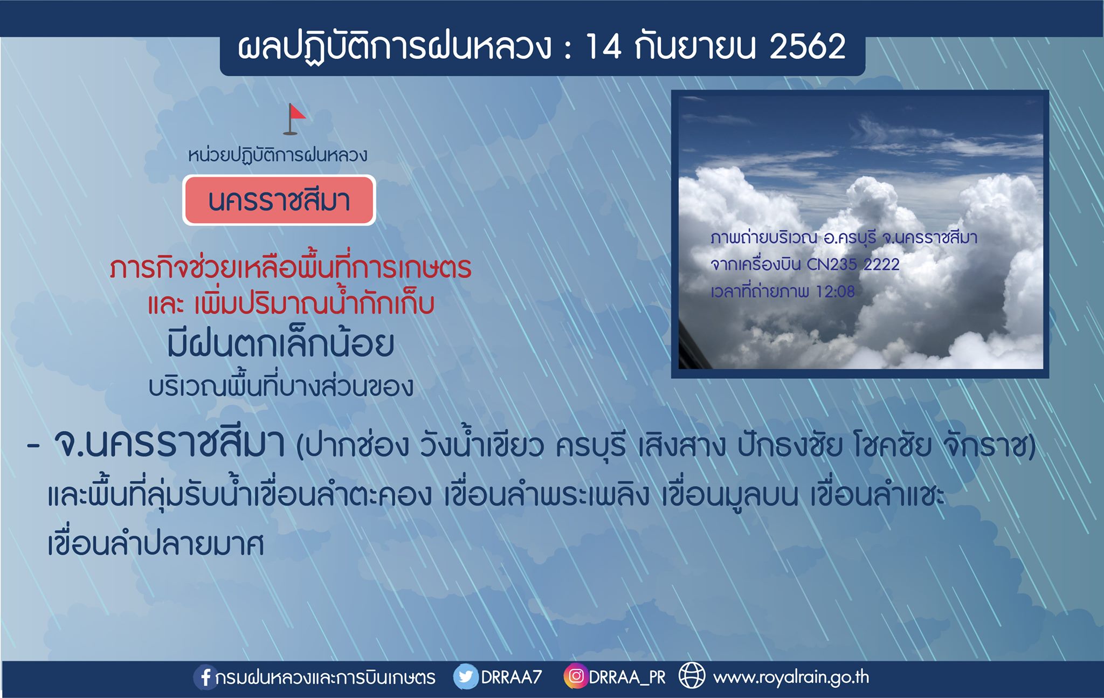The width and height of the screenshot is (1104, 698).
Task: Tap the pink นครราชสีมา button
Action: (279, 200)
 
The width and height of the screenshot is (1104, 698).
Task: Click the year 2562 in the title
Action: (808, 46)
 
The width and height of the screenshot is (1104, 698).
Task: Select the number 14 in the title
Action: (603, 46)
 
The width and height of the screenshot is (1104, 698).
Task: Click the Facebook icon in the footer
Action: (205, 677)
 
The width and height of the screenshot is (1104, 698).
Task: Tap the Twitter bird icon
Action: (466, 677)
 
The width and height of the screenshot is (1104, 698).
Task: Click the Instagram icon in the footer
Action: (576, 676)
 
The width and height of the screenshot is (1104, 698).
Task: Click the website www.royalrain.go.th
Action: (791, 678)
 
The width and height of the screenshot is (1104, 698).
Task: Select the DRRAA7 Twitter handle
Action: (511, 677)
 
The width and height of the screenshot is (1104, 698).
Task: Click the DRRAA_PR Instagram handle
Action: (627, 678)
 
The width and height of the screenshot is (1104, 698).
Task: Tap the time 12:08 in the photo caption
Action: (835, 292)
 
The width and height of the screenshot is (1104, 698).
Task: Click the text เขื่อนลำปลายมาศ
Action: (156, 543)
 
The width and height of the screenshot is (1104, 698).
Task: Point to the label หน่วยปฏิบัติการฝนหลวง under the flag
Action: (278, 155)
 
